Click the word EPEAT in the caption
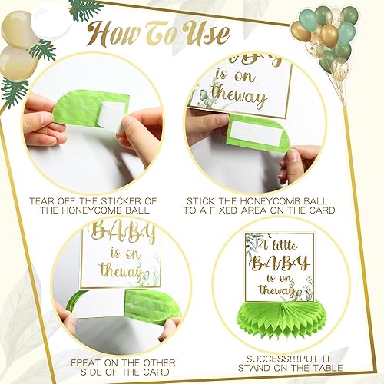(x=60, y=362)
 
